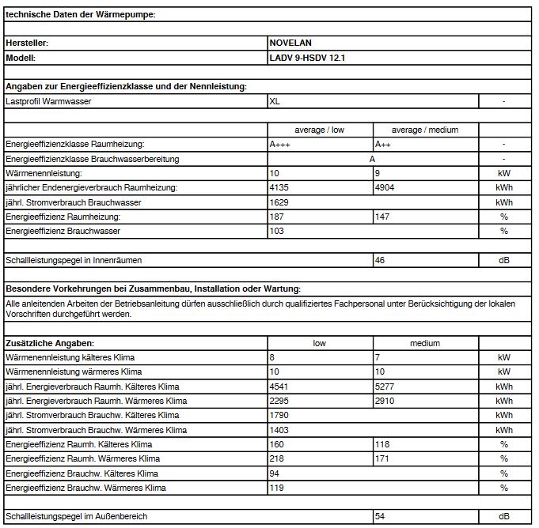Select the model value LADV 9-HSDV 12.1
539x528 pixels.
[x=308, y=58]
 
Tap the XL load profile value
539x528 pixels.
[x=275, y=101]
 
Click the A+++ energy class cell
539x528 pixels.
[x=281, y=145]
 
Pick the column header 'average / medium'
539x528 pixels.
[x=425, y=130]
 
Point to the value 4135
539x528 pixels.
[x=279, y=187]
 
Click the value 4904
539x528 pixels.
[x=385, y=187]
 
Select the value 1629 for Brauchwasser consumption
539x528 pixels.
[x=279, y=202]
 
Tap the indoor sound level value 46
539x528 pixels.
[x=381, y=260]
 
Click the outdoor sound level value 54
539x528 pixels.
[x=381, y=516]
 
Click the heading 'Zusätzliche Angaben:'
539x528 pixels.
[x=50, y=343]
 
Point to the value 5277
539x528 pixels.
[x=385, y=387]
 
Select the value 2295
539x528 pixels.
[x=279, y=401]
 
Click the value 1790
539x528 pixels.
[x=279, y=415]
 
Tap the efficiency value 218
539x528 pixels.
[x=277, y=458]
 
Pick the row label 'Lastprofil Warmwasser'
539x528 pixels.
[x=48, y=101]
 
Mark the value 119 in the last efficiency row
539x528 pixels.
[x=277, y=488]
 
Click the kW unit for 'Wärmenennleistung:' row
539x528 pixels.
[x=504, y=173]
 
